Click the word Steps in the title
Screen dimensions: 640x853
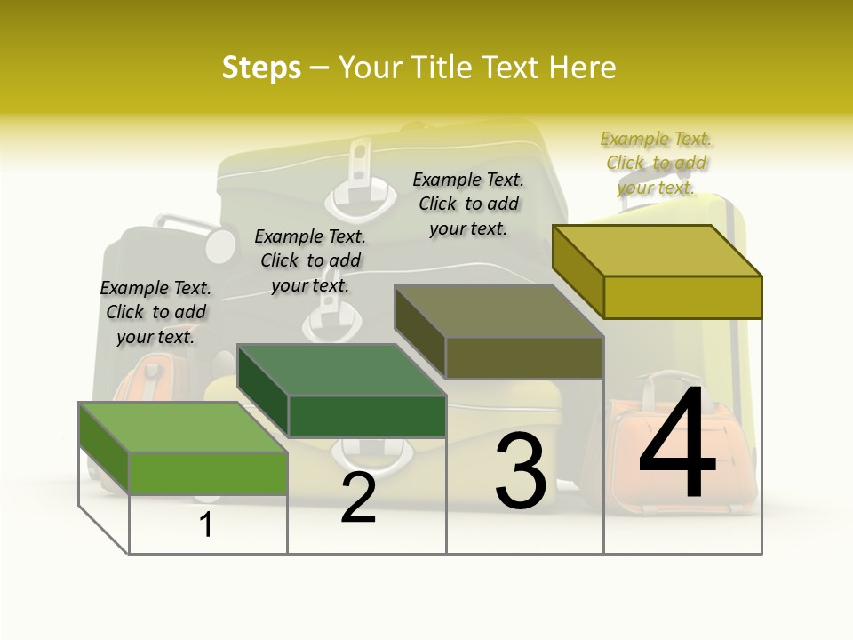pyautogui.click(x=261, y=68)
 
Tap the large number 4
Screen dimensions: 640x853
pyautogui.click(x=677, y=444)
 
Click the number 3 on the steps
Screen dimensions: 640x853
pyautogui.click(x=520, y=471)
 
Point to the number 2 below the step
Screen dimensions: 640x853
pyautogui.click(x=358, y=498)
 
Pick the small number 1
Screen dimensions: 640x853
pyautogui.click(x=206, y=525)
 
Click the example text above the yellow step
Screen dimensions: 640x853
pyautogui.click(x=656, y=163)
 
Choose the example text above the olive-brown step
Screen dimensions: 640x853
pyautogui.click(x=468, y=204)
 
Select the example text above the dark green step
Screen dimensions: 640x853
pyautogui.click(x=310, y=260)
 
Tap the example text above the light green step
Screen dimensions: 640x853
pyautogui.click(x=155, y=312)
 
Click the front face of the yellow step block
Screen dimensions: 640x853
pyautogui.click(x=682, y=297)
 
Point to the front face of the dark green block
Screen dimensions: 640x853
pyautogui.click(x=367, y=416)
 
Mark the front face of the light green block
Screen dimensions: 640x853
pyautogui.click(x=209, y=473)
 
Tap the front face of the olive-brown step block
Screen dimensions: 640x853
pyautogui.click(x=524, y=357)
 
